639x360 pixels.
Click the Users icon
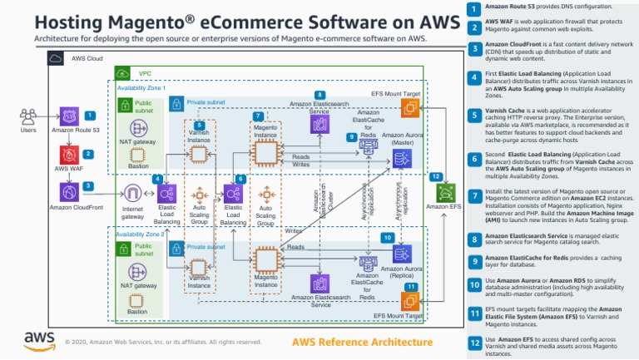tap(28, 116)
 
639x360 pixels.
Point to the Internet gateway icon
tap(133, 194)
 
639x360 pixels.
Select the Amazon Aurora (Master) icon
tap(402, 159)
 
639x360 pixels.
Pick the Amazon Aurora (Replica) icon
tap(402, 255)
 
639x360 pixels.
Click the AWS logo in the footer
tap(39, 339)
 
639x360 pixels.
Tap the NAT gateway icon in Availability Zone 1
tap(138, 130)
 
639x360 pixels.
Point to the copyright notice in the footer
tap(163, 342)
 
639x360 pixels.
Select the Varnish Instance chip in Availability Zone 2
tap(199, 261)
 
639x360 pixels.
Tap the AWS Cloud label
tap(87, 58)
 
